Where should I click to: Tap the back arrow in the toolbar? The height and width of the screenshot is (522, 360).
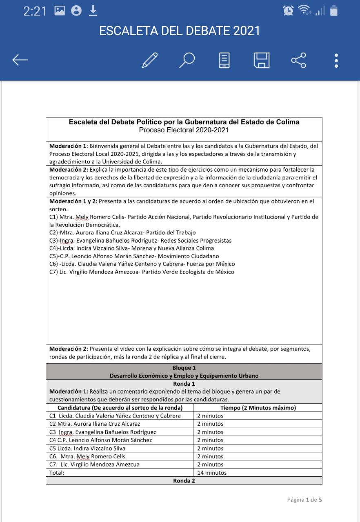click(20, 60)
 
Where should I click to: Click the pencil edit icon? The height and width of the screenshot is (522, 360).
click(150, 60)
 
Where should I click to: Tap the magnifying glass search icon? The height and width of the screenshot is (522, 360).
click(187, 60)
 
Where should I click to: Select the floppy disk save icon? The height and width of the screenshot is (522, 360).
click(262, 60)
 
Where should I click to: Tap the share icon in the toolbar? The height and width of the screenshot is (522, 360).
click(298, 60)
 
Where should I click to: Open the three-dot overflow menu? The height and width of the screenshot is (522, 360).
click(336, 60)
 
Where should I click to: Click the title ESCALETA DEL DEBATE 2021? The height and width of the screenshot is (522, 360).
click(180, 31)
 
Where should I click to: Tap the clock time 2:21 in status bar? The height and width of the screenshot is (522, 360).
click(35, 11)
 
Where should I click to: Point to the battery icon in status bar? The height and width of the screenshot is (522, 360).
click(334, 11)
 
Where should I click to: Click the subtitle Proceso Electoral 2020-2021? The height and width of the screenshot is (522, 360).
click(184, 130)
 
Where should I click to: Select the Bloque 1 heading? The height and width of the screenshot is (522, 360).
click(184, 368)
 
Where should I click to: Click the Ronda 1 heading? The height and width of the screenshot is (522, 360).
click(184, 384)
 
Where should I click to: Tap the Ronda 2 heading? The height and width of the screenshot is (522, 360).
click(184, 481)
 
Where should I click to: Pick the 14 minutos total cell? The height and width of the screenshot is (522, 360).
click(212, 473)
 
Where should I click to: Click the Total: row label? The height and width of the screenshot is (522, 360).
click(57, 473)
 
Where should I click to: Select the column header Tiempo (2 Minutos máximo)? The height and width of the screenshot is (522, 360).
click(258, 408)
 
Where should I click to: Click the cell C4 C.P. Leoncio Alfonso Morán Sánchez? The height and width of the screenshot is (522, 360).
click(100, 440)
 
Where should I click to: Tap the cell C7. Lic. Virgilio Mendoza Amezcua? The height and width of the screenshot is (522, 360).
click(94, 464)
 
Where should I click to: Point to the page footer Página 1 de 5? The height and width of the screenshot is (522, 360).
click(304, 500)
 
